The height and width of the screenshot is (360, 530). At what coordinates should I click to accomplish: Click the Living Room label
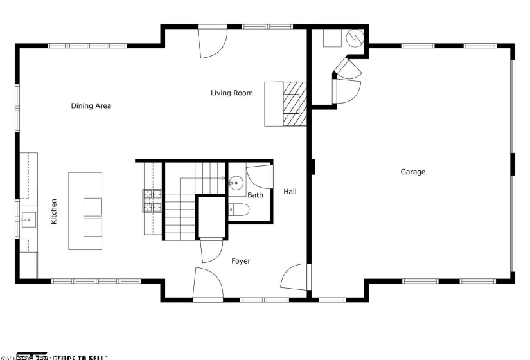pos(231,93)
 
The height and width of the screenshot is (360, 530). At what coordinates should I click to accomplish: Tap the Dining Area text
pos(91,106)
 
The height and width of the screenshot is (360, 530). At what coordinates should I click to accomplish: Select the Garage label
pos(412,172)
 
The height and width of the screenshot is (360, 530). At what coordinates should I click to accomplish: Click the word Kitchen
pos(54,212)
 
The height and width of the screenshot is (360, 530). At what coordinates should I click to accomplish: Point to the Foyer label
pos(240,261)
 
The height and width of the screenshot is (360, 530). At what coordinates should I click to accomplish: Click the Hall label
pos(290,191)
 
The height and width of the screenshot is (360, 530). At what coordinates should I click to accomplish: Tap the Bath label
pos(255,195)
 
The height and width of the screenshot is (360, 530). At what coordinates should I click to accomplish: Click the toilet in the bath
pos(238,209)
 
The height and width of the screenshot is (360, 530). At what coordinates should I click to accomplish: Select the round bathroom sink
pos(236,181)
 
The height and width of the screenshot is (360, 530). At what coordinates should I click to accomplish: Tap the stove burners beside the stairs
pos(152,201)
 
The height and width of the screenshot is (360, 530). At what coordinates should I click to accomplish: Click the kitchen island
pos(85,211)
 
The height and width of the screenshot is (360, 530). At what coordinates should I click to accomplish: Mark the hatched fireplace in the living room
pos(294,104)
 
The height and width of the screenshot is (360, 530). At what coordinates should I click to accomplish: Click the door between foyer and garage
pos(297,276)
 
